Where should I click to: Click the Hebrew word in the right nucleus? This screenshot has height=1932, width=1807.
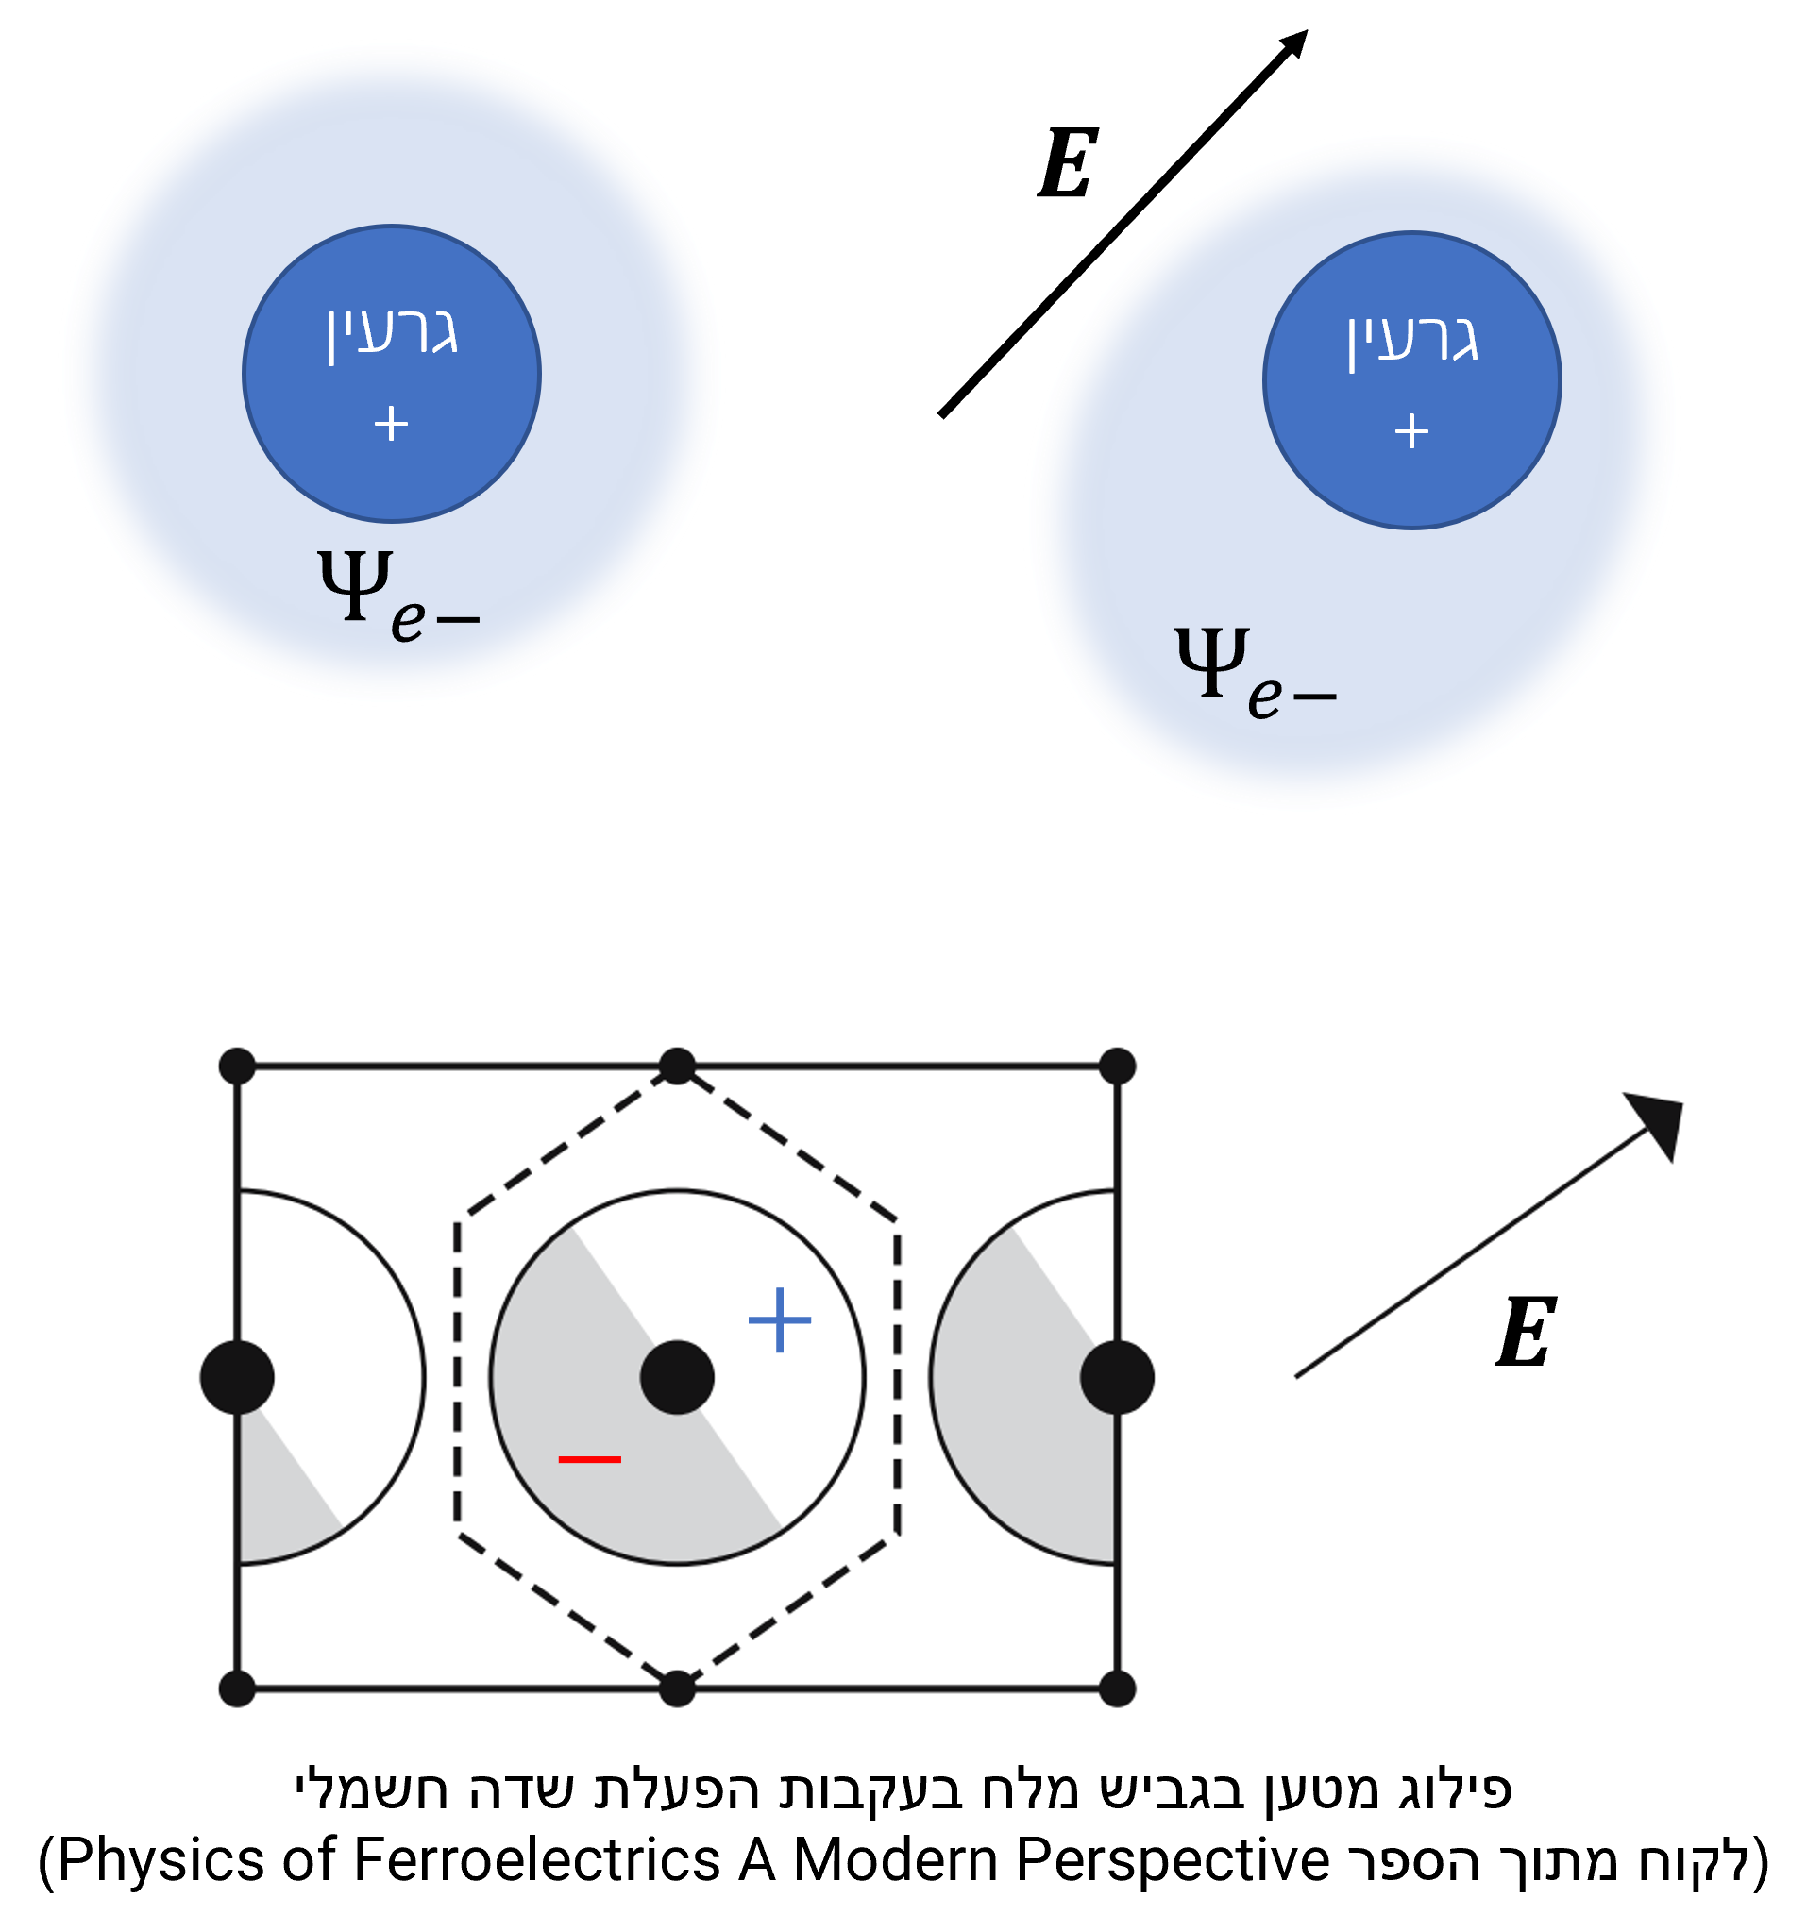[1411, 339]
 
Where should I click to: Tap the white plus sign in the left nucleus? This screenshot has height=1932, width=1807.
[391, 424]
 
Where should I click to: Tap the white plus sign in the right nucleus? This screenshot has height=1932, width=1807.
[1411, 430]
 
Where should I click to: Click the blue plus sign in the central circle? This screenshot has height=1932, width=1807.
[780, 1319]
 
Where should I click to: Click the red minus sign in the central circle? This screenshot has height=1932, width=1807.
[589, 1459]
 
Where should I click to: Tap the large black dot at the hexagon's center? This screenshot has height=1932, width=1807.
[677, 1377]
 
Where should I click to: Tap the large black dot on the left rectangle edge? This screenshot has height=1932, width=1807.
[237, 1377]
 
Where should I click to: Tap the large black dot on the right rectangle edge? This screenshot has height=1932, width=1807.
[1117, 1377]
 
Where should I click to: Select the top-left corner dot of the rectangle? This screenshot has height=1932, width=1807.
[237, 1067]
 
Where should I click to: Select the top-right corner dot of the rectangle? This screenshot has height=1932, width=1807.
[1117, 1067]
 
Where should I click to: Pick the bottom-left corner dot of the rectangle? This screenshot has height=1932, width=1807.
[237, 1689]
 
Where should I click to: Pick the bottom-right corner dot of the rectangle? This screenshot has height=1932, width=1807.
[1117, 1689]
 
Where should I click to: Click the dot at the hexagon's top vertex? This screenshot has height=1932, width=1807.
[677, 1067]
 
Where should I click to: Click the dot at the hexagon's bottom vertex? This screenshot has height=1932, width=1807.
[677, 1689]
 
